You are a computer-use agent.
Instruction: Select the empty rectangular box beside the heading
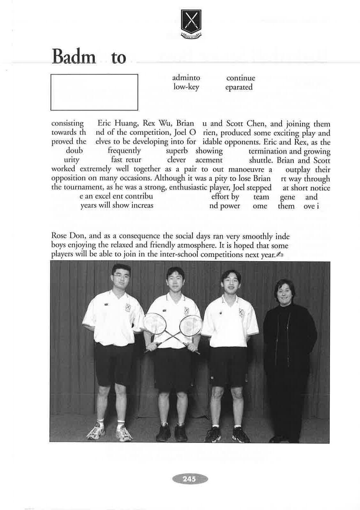click(x=94, y=92)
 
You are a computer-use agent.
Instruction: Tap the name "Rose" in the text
click(x=59, y=236)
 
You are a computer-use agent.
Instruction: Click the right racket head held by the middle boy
click(x=191, y=326)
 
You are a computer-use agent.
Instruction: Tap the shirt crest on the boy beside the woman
click(x=242, y=312)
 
